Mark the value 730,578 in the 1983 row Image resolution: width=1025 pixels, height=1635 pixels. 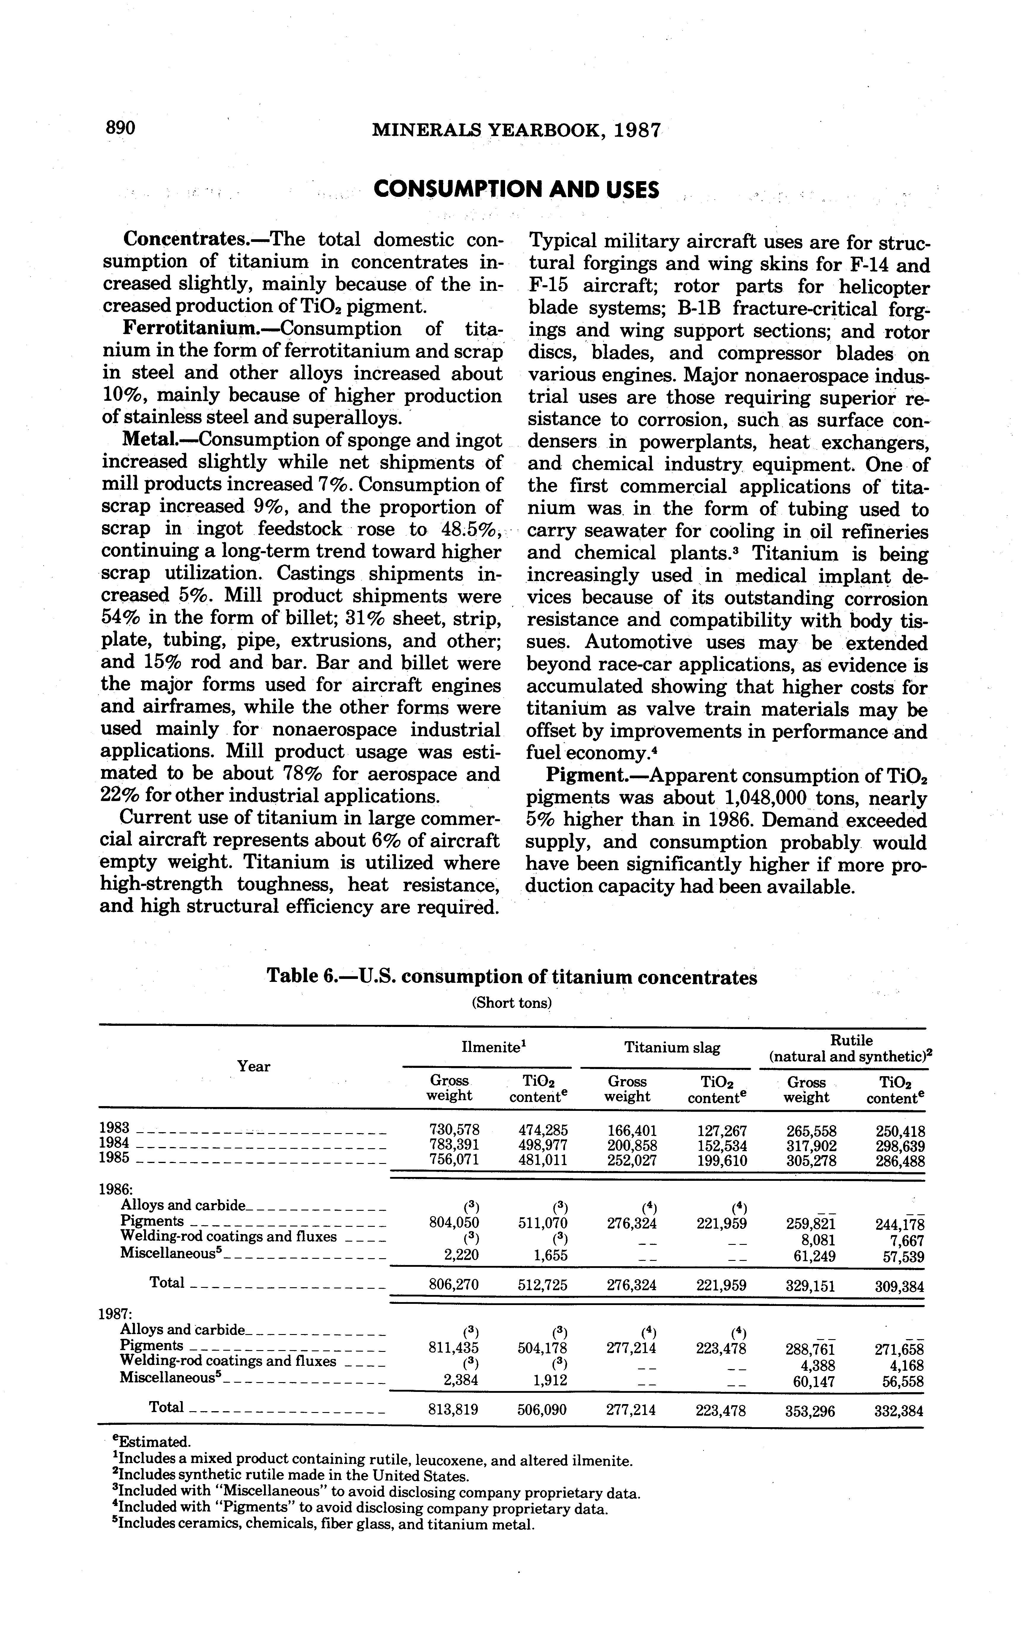(x=454, y=1130)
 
